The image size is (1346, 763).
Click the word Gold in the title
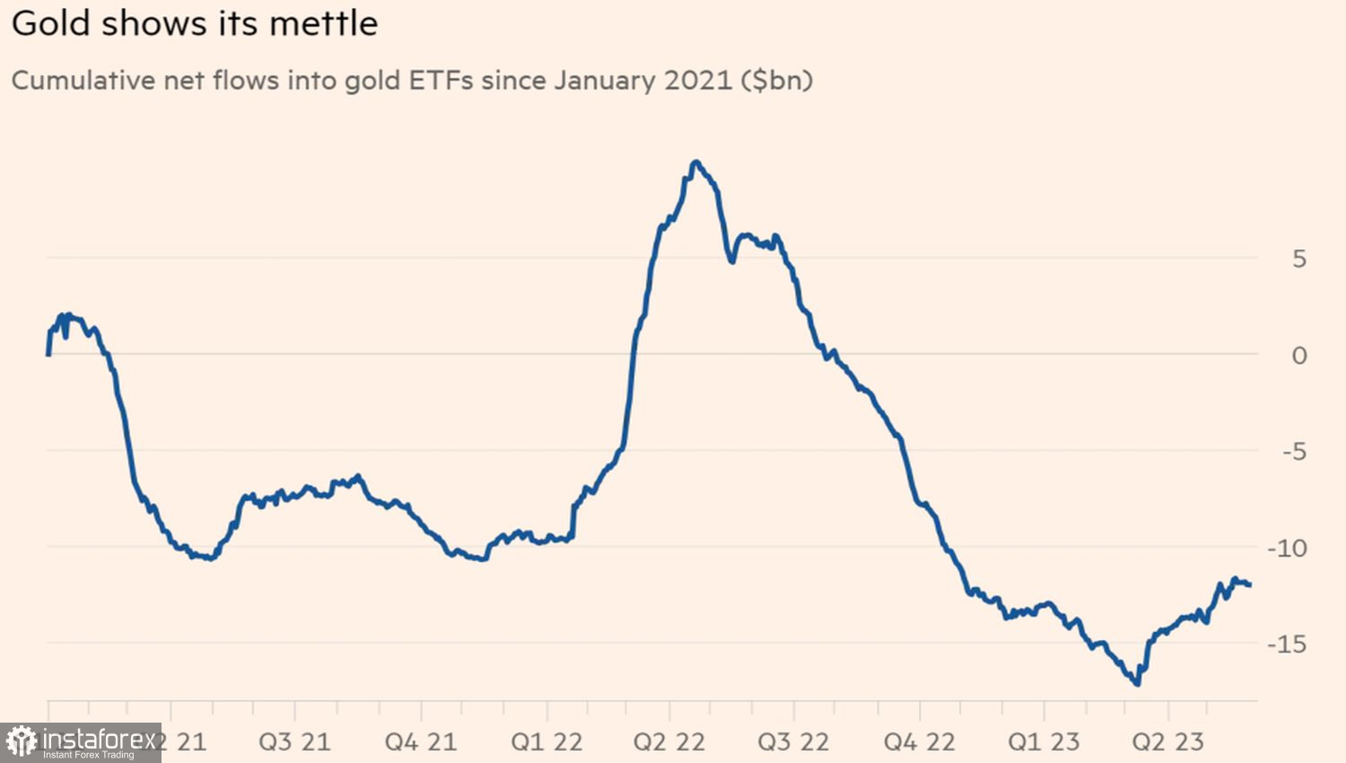pos(51,23)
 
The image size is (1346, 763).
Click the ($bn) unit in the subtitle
pos(776,81)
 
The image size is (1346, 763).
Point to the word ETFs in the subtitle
pos(441,81)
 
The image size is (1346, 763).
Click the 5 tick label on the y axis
pos(1298,259)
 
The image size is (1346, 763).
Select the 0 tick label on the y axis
pos(1298,355)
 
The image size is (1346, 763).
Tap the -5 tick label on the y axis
pos(1293,452)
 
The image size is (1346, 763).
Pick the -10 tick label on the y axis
pos(1287,548)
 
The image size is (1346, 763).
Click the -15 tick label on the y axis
pos(1287,644)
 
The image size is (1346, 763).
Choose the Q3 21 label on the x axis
pos(294,742)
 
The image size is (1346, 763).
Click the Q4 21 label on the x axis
pos(420,742)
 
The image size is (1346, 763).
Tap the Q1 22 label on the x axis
pos(546,742)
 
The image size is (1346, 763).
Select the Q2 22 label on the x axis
pos(669,742)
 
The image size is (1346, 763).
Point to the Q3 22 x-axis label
pos(793,742)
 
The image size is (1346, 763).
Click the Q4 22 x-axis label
pos(919,742)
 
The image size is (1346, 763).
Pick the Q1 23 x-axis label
pos(1044,742)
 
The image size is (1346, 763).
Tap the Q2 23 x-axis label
pos(1167,742)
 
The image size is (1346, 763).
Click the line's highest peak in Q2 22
pos(695,162)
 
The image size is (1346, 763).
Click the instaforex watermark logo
pos(80,742)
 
